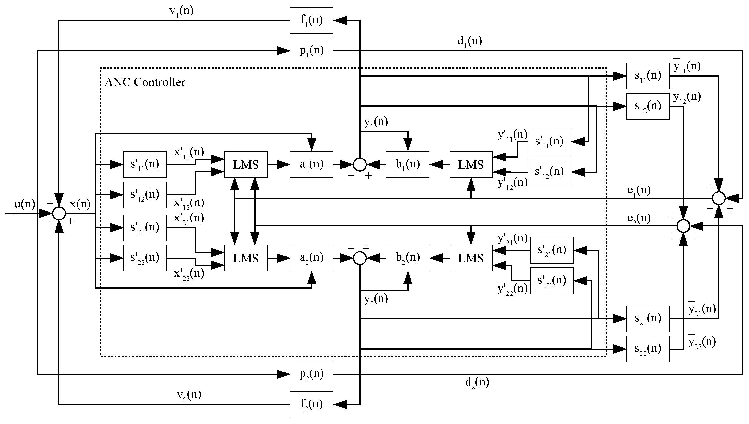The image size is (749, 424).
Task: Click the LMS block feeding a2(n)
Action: coord(246,258)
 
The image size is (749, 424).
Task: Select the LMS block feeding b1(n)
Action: coord(471,164)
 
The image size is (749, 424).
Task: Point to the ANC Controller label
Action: coord(145,82)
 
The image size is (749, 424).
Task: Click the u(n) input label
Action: coord(25,204)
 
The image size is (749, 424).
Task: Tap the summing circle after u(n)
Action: coord(59,214)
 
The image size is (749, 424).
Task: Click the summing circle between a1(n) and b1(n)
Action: coord(360,164)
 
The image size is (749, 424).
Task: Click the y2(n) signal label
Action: coord(376,299)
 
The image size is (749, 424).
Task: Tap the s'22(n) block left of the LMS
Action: coord(145,258)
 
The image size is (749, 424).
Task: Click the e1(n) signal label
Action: coord(639,190)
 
